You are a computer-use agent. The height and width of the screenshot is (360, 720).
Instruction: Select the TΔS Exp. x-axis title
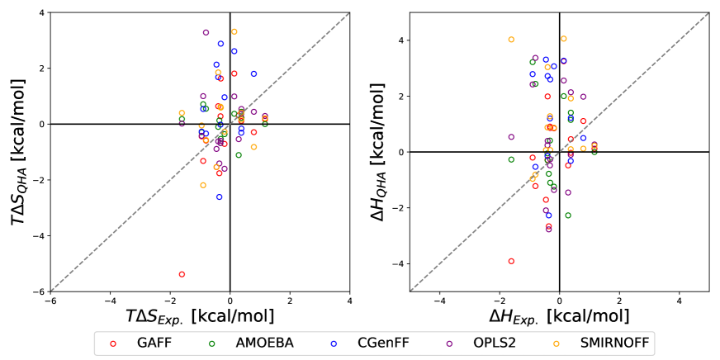(x=200, y=315)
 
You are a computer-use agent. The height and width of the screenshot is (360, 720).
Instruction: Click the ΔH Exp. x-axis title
(x=560, y=315)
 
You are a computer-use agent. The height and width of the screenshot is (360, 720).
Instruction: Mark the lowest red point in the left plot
(x=182, y=274)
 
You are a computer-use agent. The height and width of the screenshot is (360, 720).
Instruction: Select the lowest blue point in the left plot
(x=220, y=197)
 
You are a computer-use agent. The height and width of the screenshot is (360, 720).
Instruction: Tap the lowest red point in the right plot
(x=511, y=261)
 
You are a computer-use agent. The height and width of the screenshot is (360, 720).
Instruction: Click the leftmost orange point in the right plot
(x=511, y=39)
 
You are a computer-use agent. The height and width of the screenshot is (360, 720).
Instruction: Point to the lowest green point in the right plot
(x=568, y=216)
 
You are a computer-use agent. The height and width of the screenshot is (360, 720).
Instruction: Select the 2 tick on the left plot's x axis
(x=290, y=301)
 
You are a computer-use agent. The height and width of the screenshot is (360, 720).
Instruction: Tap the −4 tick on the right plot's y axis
(x=398, y=263)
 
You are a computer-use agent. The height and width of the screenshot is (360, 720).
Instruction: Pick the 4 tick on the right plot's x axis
(x=680, y=301)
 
